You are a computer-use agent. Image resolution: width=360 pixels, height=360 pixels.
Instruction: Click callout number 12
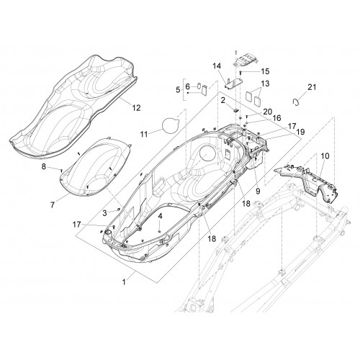coord(136,108)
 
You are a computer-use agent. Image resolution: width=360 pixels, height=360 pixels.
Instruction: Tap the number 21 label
coord(312,87)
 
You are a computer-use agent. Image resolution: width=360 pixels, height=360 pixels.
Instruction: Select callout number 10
coord(325,156)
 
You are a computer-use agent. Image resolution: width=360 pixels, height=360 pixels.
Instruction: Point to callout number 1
coord(124,282)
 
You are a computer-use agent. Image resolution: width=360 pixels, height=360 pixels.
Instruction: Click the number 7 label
coord(53,204)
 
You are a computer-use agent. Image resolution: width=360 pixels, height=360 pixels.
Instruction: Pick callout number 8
coord(44,166)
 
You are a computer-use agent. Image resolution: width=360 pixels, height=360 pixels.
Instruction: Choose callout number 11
coord(144,134)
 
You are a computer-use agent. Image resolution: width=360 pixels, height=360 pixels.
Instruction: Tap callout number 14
coord(217,66)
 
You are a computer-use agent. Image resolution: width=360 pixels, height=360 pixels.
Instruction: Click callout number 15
coord(265,71)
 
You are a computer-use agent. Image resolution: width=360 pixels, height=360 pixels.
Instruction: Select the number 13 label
coord(265,84)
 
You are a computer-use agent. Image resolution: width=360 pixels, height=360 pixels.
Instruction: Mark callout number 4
coord(160,216)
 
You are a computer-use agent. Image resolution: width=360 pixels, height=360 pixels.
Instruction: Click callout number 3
coord(104,212)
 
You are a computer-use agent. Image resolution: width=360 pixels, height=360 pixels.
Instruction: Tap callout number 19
coord(300,132)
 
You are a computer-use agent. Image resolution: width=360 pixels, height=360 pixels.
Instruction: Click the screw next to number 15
coord(240,72)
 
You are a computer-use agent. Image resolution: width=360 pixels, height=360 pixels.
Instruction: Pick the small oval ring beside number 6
coord(199,86)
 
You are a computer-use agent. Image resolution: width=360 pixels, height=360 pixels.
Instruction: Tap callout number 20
coord(267,112)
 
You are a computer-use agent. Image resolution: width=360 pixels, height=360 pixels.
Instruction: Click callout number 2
coord(223,100)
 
